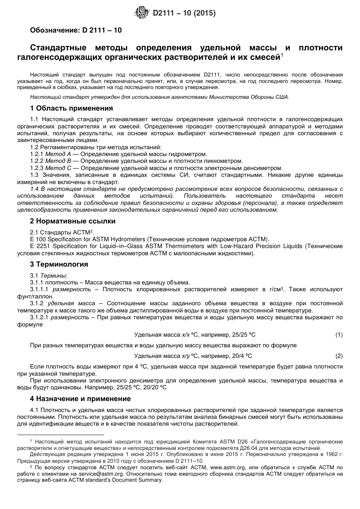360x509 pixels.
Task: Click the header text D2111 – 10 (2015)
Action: click(x=184, y=13)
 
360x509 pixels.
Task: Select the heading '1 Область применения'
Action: click(x=71, y=108)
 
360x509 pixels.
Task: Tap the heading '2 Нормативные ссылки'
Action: click(x=72, y=221)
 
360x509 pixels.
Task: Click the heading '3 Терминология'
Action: click(x=59, y=264)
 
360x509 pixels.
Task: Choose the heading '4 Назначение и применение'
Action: click(x=80, y=398)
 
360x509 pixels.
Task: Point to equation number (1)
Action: click(x=338, y=334)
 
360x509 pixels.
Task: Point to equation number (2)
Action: click(x=338, y=356)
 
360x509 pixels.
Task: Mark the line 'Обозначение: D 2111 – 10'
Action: click(x=76, y=30)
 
